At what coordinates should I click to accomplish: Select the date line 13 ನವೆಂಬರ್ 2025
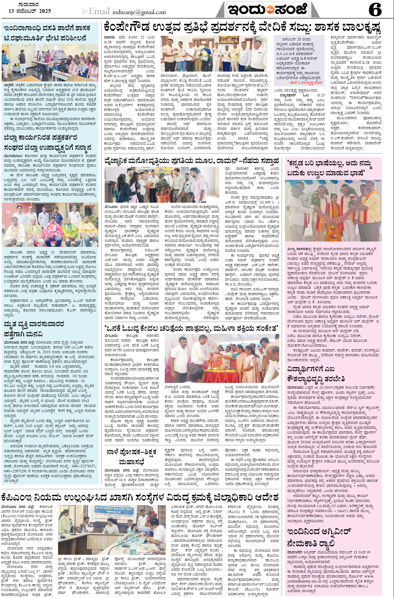tap(30, 11)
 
